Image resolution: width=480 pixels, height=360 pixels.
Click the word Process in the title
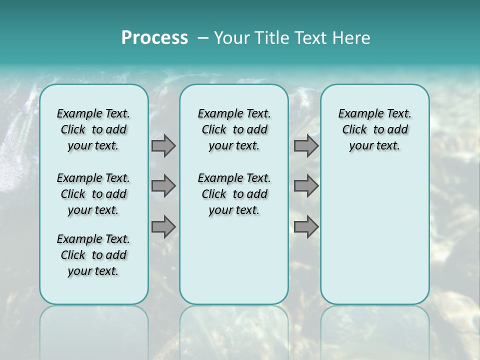[154, 38]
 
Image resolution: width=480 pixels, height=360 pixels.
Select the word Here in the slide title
[352, 38]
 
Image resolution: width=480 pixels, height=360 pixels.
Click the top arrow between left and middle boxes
[163, 145]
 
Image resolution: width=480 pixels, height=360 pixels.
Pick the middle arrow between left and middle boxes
[163, 186]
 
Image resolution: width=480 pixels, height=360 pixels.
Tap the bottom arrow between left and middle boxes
[163, 226]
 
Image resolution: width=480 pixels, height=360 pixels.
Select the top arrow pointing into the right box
[306, 145]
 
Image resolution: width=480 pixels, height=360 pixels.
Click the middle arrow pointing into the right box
[306, 186]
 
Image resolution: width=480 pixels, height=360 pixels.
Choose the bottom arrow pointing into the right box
[306, 226]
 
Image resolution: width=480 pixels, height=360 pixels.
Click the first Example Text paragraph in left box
[93, 129]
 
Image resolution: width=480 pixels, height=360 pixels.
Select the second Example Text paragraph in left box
[93, 194]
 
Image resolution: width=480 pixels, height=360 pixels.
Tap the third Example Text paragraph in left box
[93, 255]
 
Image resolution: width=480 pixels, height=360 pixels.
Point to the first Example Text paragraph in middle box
[234, 129]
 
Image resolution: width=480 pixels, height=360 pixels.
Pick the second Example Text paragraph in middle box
[234, 194]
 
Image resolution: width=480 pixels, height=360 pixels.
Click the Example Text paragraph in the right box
[374, 129]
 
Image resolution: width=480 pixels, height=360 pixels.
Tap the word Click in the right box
[354, 129]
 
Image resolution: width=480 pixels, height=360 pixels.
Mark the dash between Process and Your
[203, 38]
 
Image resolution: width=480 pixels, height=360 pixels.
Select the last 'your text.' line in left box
[93, 271]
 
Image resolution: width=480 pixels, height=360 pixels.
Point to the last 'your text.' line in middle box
[234, 210]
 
